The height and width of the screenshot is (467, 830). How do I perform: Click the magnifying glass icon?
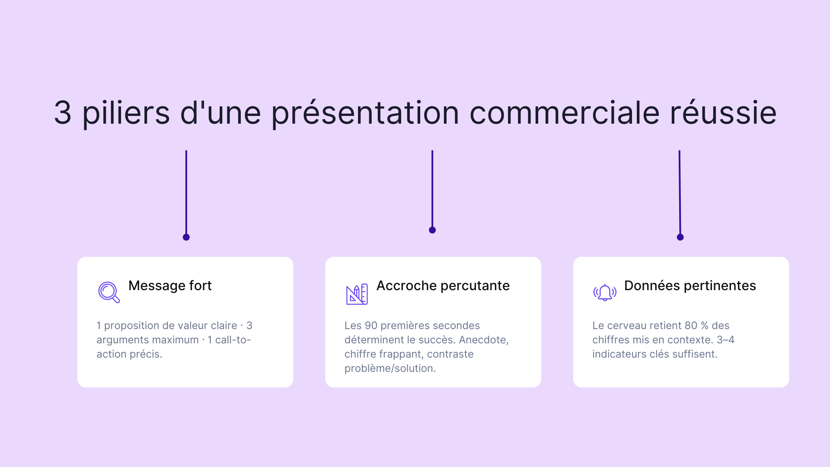pyautogui.click(x=109, y=292)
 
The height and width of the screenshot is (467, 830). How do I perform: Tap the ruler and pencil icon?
pyautogui.click(x=357, y=294)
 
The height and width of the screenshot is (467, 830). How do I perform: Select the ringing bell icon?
pyautogui.click(x=605, y=293)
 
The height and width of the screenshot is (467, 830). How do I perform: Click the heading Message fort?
pyautogui.click(x=170, y=286)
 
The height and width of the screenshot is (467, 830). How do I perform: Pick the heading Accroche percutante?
pyautogui.click(x=443, y=286)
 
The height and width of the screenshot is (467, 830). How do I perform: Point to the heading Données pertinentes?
pyautogui.click(x=690, y=286)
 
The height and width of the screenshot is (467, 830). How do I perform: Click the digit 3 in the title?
pyautogui.click(x=63, y=113)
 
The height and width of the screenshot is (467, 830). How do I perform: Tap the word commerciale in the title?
pyautogui.click(x=564, y=113)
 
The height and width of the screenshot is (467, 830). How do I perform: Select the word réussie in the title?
pyautogui.click(x=723, y=113)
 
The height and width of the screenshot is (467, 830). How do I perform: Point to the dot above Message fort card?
pyautogui.click(x=186, y=237)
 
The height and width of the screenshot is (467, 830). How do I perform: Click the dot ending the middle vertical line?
pyautogui.click(x=432, y=230)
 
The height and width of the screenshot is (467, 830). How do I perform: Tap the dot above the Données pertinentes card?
pyautogui.click(x=680, y=237)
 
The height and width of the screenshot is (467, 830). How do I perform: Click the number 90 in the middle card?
pyautogui.click(x=371, y=326)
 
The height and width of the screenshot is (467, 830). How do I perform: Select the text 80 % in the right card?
pyautogui.click(x=696, y=326)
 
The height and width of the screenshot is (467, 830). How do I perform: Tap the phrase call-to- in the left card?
pyautogui.click(x=233, y=340)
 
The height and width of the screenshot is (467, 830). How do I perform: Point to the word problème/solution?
pyautogui.click(x=390, y=368)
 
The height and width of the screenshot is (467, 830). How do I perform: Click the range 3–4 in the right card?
pyautogui.click(x=725, y=340)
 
